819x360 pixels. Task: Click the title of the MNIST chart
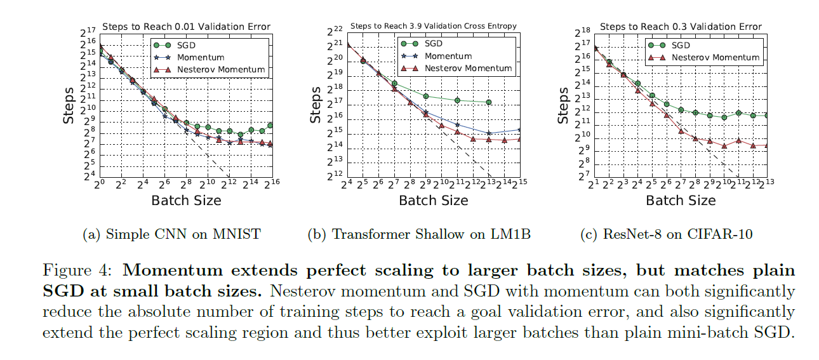click(x=186, y=27)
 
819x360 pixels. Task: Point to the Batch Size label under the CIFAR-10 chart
click(x=681, y=200)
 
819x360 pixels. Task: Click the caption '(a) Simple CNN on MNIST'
click(x=171, y=234)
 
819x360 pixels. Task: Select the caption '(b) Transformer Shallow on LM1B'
click(x=419, y=234)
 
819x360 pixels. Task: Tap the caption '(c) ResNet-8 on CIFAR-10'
click(x=667, y=234)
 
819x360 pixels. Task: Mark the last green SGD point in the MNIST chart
click(x=270, y=126)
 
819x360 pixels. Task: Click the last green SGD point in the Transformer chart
click(x=488, y=102)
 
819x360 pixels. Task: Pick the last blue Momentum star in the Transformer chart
click(x=520, y=130)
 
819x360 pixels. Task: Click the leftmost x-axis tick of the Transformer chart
click(x=347, y=184)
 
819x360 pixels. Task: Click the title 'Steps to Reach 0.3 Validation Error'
click(x=681, y=27)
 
